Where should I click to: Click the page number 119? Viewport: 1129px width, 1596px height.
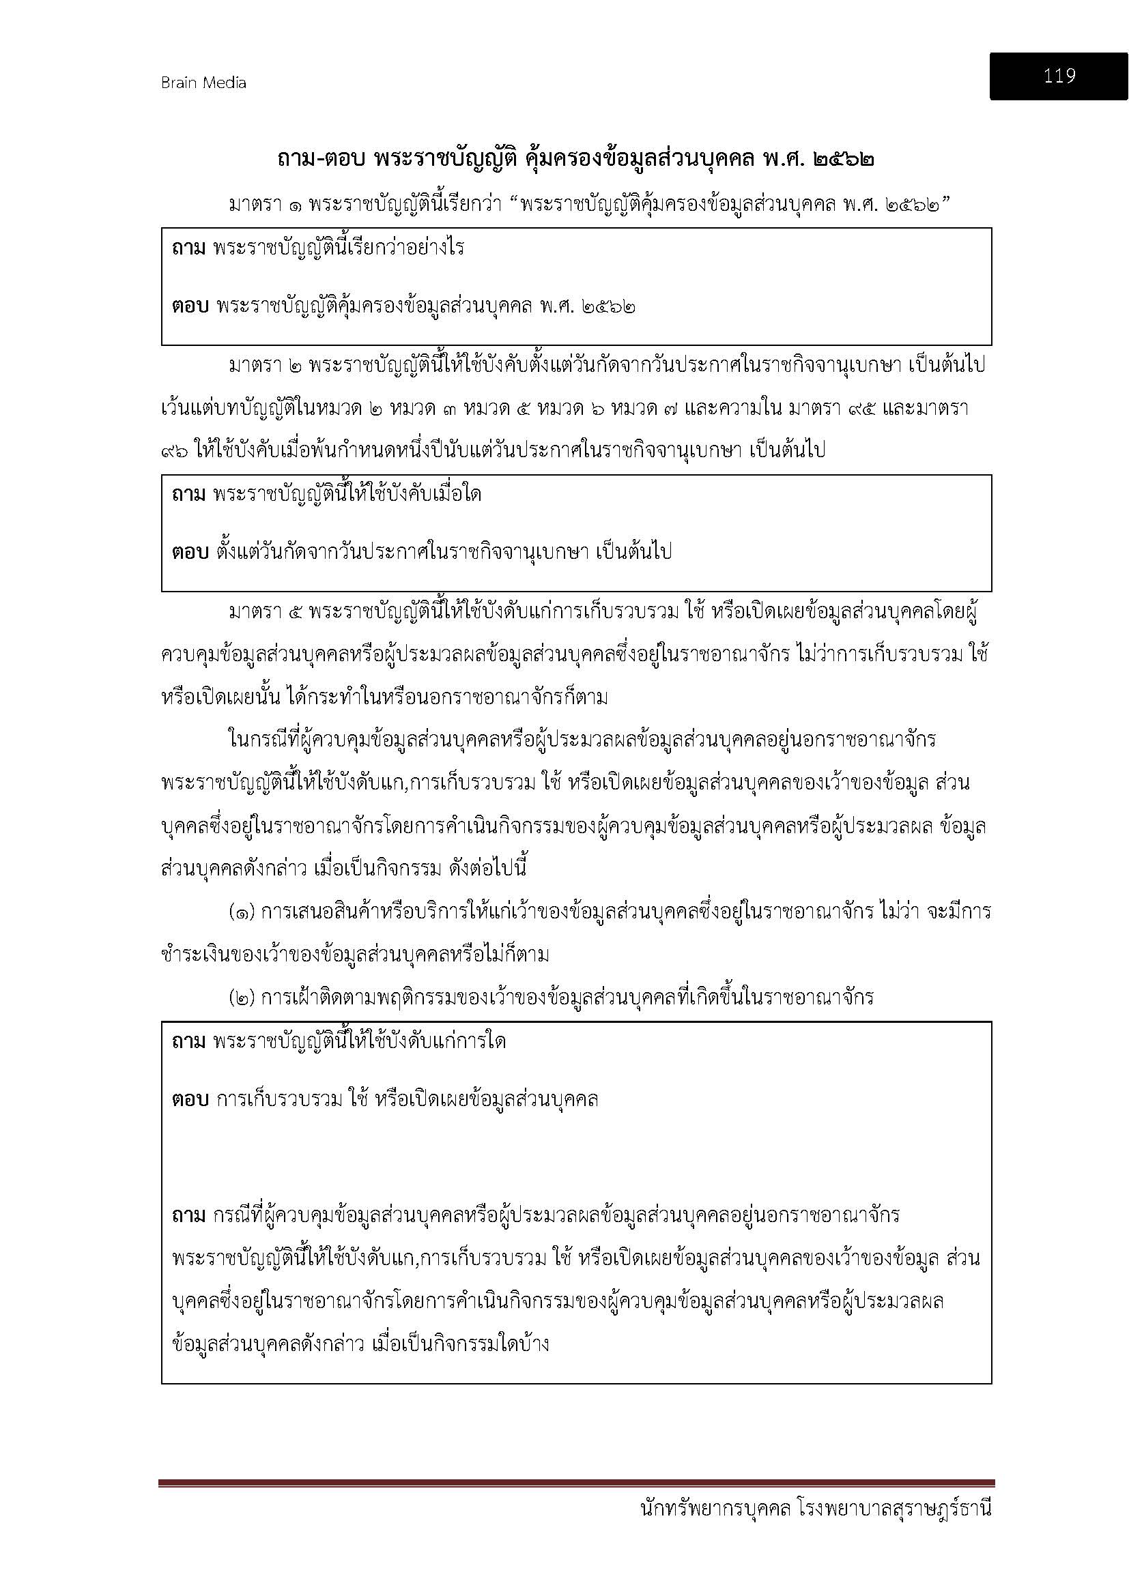point(1059,76)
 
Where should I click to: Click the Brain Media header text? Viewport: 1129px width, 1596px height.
point(203,83)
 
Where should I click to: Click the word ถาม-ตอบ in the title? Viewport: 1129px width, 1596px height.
point(322,159)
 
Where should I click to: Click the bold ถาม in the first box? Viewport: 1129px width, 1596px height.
point(188,248)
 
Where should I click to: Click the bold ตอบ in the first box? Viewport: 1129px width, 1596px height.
point(190,305)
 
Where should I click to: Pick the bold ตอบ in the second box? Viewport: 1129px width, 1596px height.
point(190,552)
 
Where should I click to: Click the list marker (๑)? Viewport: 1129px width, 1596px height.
point(242,912)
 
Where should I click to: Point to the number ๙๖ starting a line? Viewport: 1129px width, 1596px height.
point(174,450)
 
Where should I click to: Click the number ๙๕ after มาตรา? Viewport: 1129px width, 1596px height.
point(862,408)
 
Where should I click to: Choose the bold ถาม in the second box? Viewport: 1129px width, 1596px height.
point(188,494)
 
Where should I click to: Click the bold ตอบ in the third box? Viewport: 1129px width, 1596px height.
point(190,1099)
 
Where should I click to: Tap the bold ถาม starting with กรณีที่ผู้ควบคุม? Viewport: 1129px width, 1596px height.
point(188,1215)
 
